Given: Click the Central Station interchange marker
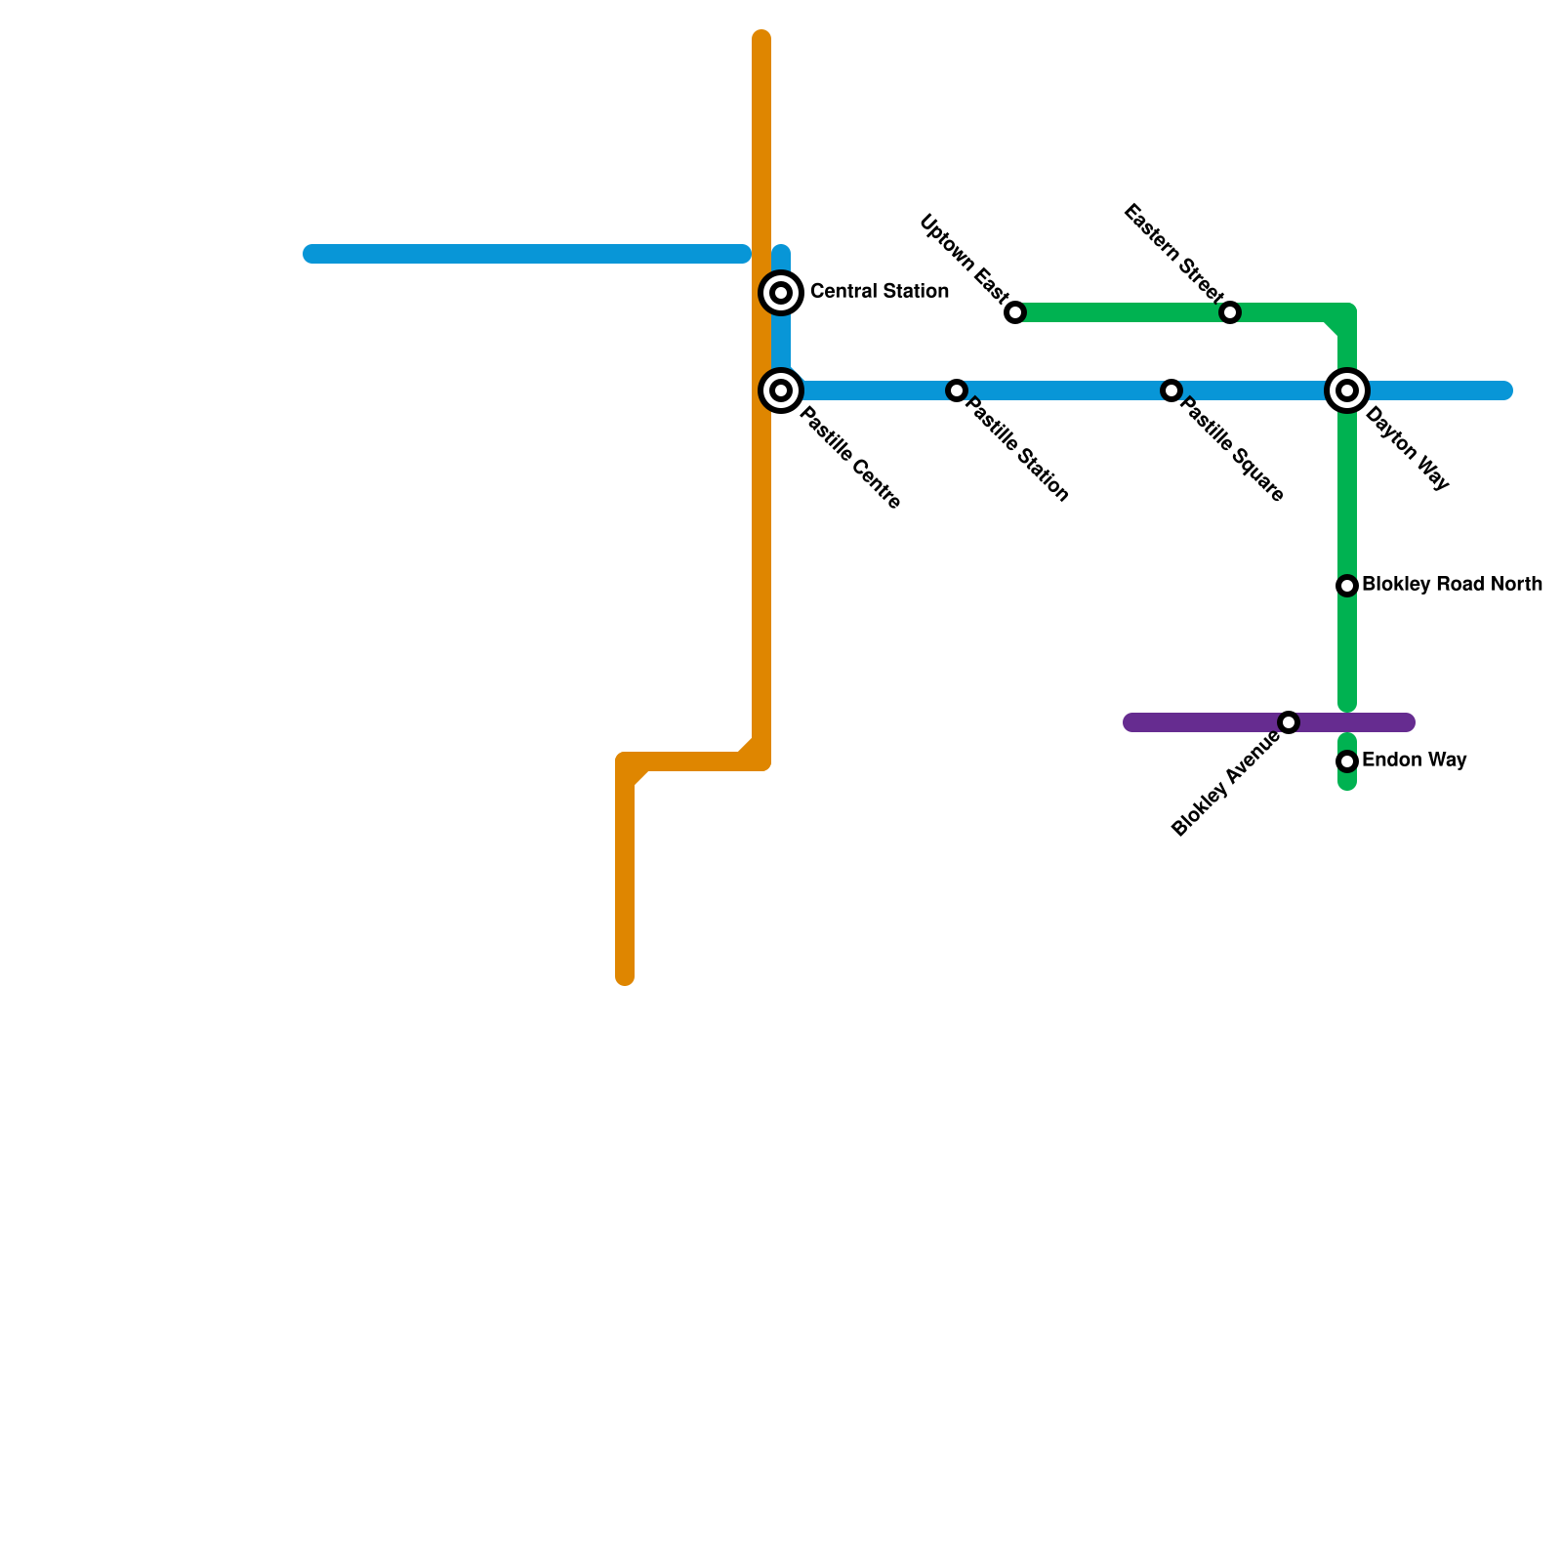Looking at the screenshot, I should (x=781, y=293).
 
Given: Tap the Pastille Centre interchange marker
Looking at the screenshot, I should (x=781, y=390).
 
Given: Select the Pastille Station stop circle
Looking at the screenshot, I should (x=957, y=390).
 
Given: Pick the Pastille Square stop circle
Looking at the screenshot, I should (x=1171, y=390).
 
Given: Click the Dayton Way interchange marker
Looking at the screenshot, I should (x=1347, y=390).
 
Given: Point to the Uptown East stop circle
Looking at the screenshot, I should (x=1015, y=312).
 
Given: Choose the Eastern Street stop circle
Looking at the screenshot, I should (x=1230, y=312).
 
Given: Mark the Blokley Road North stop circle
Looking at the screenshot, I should (x=1347, y=586).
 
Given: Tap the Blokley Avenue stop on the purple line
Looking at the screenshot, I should (x=1289, y=722).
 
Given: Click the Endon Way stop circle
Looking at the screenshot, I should (x=1347, y=761).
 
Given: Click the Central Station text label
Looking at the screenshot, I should (x=879, y=292).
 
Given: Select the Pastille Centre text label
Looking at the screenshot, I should (x=849, y=458).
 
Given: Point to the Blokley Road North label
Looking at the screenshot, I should (x=1452, y=585).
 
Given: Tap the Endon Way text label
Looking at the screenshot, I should (x=1414, y=760).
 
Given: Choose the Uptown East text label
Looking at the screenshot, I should (x=964, y=258).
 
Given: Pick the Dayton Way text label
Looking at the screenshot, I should (x=1407, y=448).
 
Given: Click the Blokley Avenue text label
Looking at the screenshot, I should (x=1226, y=784).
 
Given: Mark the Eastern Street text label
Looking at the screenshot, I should (x=1172, y=253).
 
